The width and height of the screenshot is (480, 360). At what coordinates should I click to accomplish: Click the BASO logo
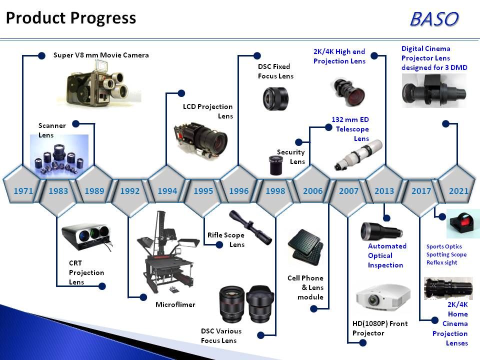[x=434, y=19]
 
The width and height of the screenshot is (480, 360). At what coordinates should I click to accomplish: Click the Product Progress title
[x=71, y=18]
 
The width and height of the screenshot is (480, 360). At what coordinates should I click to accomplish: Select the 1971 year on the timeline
[x=23, y=191]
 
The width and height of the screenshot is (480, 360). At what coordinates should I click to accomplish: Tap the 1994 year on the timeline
[x=167, y=191]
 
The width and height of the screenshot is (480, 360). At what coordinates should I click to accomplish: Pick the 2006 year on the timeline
[x=313, y=191]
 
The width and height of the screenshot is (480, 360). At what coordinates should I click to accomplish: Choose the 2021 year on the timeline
[x=458, y=191]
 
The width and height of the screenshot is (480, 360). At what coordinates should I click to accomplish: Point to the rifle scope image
[x=250, y=227]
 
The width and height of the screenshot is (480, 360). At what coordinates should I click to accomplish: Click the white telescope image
[x=358, y=155]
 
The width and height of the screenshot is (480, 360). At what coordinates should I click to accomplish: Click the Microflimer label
[x=175, y=304]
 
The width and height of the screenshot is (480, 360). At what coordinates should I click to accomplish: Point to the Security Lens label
[x=291, y=156]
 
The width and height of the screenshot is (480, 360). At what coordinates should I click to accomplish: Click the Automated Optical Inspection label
[x=387, y=255]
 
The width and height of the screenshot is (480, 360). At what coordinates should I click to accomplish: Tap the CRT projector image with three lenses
[x=86, y=236]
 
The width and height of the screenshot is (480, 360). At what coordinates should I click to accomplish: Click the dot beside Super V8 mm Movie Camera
[x=41, y=55]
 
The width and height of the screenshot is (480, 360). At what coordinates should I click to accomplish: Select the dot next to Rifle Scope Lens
[x=219, y=244]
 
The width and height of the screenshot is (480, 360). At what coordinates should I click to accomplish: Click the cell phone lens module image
[x=305, y=247]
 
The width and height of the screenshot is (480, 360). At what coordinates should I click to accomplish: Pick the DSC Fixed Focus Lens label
[x=275, y=71]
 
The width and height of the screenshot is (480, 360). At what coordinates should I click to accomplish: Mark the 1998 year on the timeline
[x=275, y=191]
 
